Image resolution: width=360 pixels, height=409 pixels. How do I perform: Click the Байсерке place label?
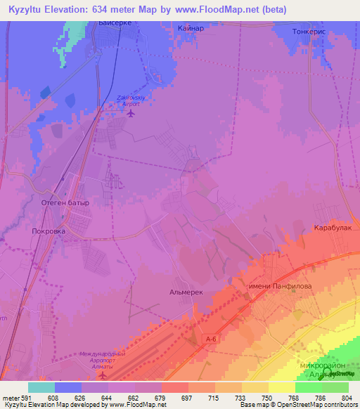point(114,23)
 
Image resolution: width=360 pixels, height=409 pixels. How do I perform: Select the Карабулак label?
point(332,228)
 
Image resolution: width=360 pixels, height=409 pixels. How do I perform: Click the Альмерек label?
point(186,290)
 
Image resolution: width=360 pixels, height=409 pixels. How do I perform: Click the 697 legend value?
point(169,398)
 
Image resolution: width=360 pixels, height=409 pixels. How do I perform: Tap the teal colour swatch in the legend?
point(41,387)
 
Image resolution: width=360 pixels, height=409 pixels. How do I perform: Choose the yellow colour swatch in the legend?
point(282,387)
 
